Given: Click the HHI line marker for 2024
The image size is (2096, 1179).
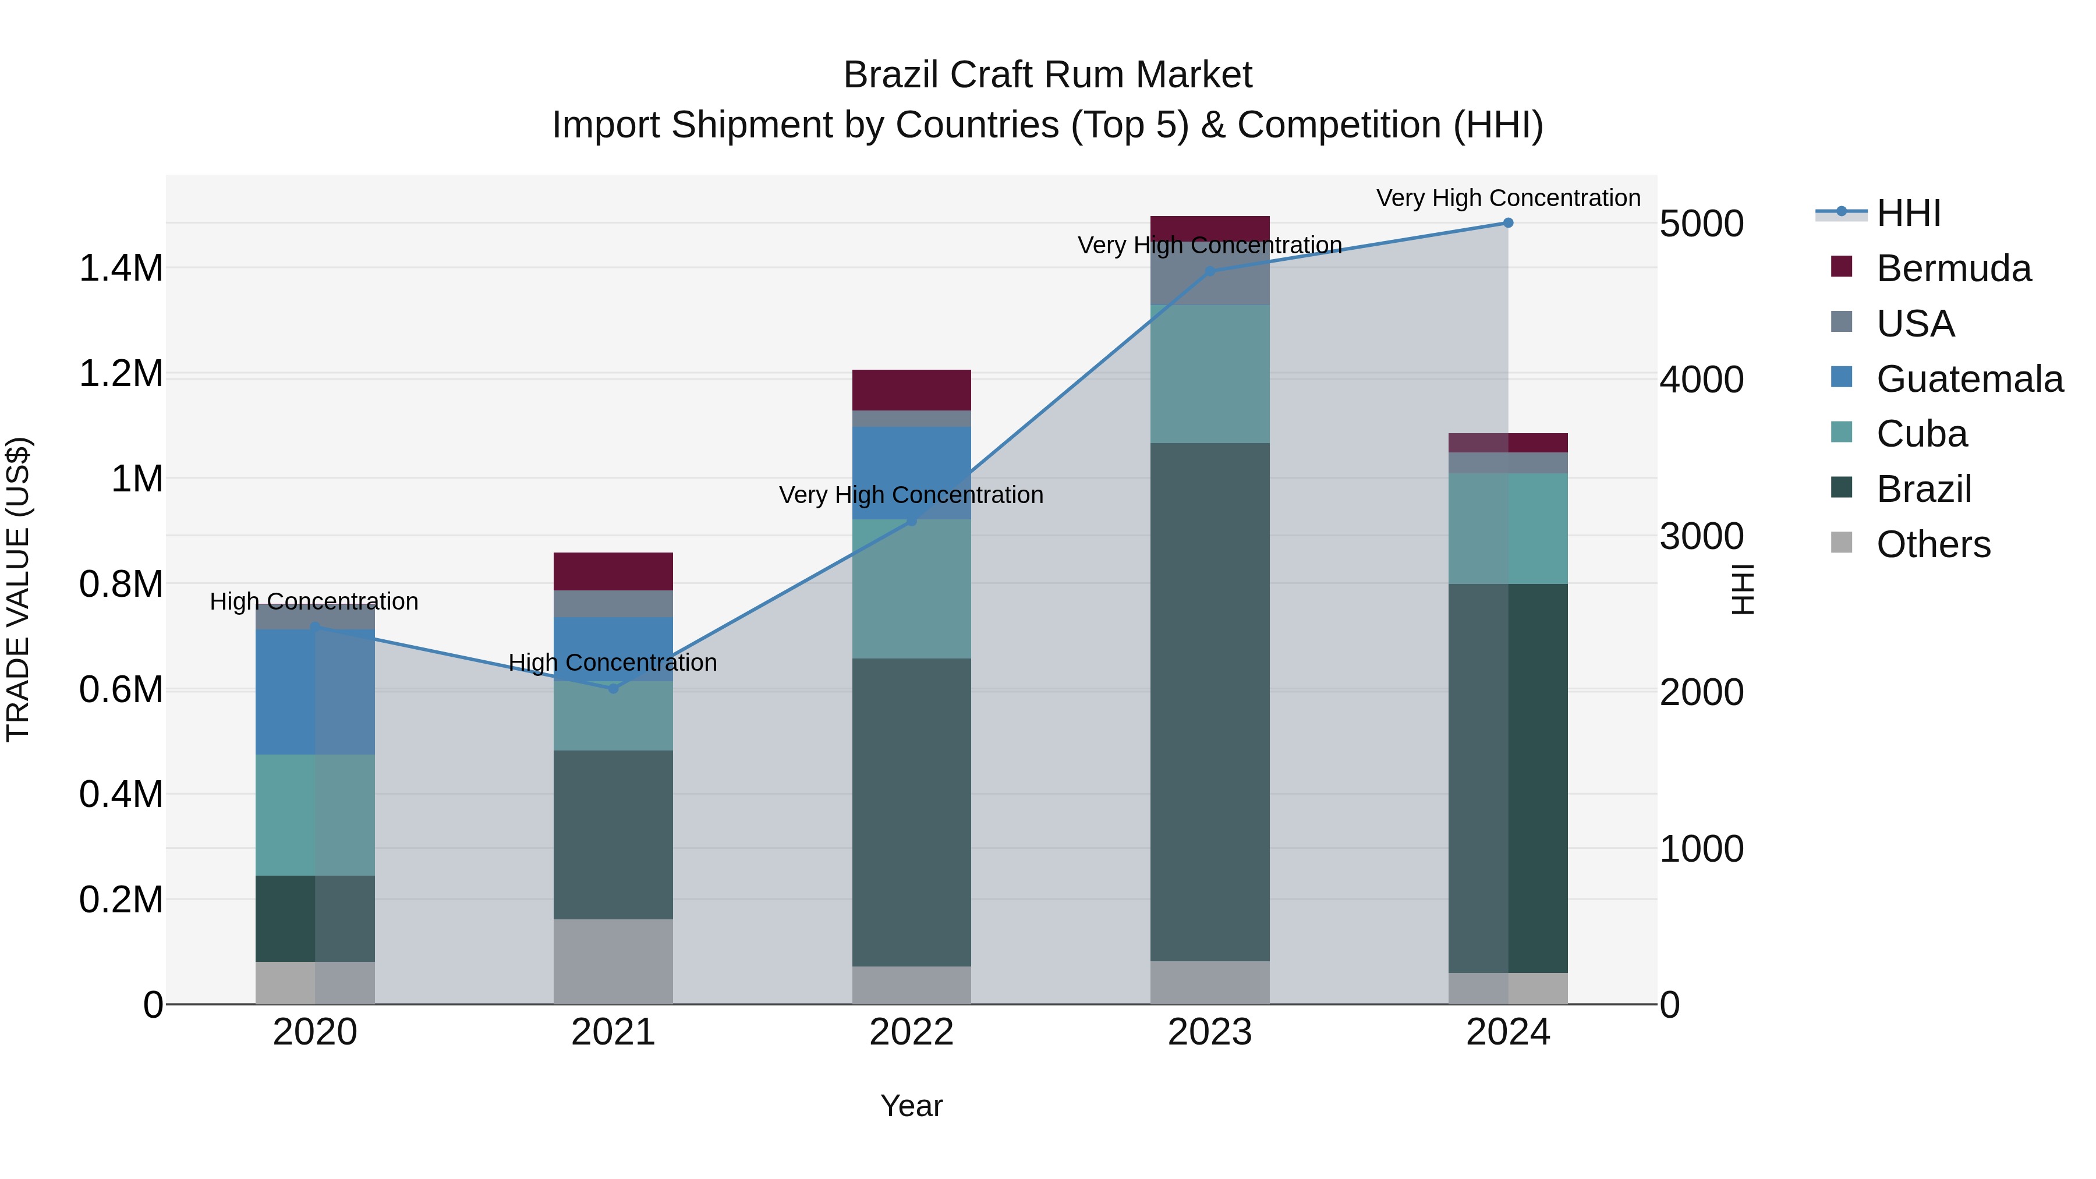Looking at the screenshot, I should click(1508, 223).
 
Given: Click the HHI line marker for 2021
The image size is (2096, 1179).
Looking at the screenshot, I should click(614, 688).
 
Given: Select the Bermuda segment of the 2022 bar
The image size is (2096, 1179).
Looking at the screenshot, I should click(911, 390).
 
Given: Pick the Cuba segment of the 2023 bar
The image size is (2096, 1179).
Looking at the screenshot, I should click(1210, 374).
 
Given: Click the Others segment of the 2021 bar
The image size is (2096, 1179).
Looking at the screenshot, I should click(614, 962).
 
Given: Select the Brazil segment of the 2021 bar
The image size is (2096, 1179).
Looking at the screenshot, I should click(614, 835).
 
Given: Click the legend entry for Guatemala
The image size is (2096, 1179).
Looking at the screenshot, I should click(1969, 379).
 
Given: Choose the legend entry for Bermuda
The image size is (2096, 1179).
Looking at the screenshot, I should click(1953, 268).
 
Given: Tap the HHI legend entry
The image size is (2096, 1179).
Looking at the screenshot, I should click(1908, 213).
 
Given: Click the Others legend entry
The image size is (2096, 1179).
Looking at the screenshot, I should click(1932, 544).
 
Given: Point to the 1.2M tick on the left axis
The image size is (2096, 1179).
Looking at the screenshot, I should click(121, 374).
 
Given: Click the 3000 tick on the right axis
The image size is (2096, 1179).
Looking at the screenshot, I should click(1701, 536).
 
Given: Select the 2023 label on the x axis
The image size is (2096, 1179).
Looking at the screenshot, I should click(1210, 1032).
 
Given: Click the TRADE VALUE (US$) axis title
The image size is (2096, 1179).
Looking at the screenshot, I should click(19, 589).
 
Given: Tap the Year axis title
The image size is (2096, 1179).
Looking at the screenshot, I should click(911, 1106).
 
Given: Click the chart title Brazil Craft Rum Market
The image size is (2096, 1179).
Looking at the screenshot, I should click(1047, 75).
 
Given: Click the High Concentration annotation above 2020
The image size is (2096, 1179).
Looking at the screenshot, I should click(314, 601).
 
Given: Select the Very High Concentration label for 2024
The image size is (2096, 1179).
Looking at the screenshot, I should click(1508, 198).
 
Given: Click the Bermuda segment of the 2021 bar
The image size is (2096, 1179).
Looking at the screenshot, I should click(614, 571).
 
